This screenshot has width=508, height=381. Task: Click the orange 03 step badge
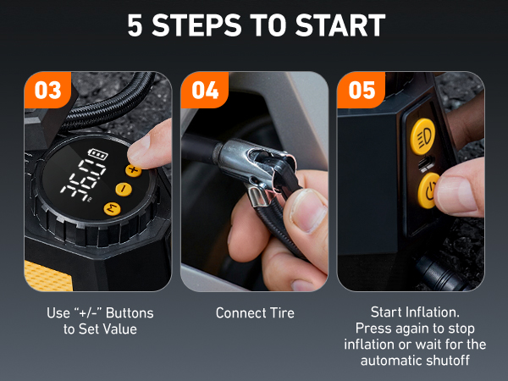(x=47, y=90)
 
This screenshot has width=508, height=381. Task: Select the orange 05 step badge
(x=361, y=90)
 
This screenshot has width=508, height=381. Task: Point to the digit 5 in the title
(x=135, y=25)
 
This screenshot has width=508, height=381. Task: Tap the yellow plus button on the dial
(x=133, y=169)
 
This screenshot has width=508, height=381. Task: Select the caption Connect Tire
(x=255, y=313)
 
